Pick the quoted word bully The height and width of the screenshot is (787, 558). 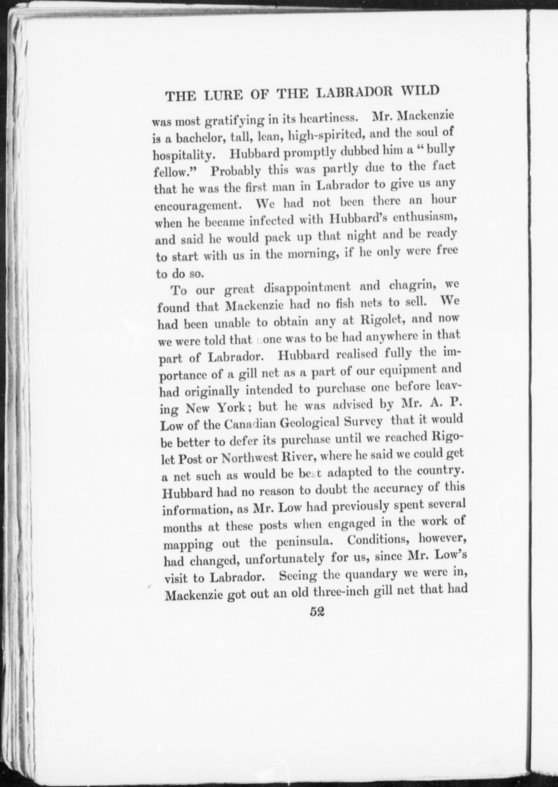tap(442, 149)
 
